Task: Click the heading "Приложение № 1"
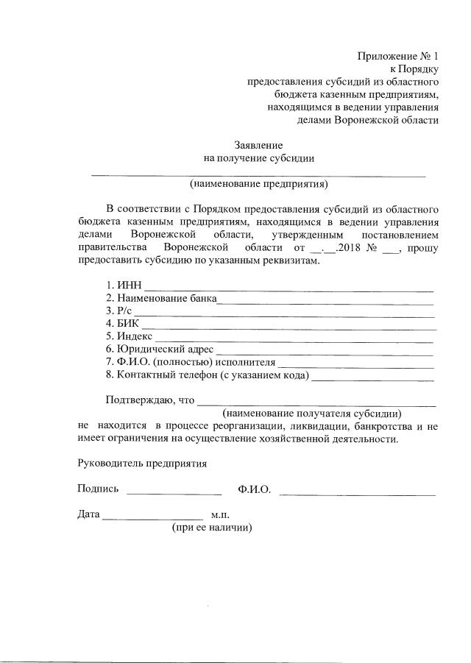coord(397,56)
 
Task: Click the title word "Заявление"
coord(258,146)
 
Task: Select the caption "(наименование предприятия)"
coord(258,184)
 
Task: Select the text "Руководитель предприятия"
coord(142,464)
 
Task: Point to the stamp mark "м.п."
coord(221,514)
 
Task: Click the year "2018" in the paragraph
coord(350,248)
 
